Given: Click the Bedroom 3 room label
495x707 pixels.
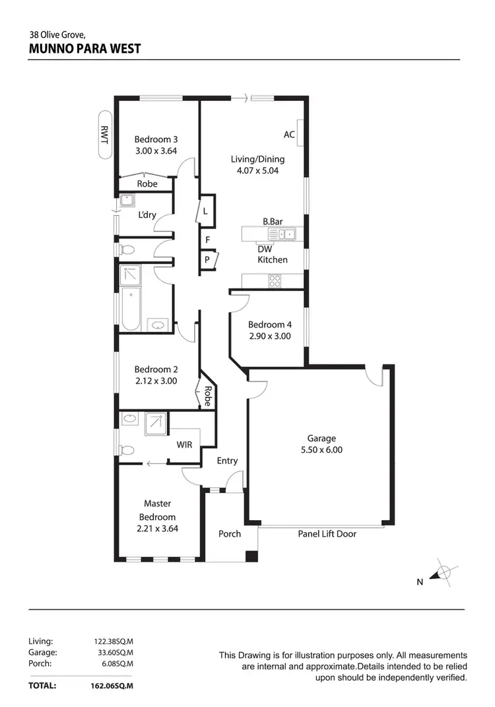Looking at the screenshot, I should point(156,139).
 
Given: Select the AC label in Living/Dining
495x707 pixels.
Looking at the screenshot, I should point(289,135).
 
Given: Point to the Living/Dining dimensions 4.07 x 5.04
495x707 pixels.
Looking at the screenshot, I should point(257,170).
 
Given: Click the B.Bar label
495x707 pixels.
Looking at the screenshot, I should point(273,222).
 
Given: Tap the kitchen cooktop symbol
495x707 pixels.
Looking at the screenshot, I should point(275,281).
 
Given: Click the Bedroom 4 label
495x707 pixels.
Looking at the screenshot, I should point(269,324).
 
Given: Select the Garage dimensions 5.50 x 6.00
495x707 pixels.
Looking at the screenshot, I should point(321,450).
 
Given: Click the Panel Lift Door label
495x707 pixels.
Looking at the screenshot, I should point(327,533).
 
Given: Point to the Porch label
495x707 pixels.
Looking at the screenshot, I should point(230,533).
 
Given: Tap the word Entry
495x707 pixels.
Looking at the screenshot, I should point(227,461).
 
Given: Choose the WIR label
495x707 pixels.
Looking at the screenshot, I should point(184,445).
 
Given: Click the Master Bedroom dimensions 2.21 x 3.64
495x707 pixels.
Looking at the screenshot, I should point(157,528).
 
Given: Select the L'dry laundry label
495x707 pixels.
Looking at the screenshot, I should point(147,215).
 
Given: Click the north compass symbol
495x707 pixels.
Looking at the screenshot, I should point(444,573).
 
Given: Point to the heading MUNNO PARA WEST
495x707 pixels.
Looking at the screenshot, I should point(84,49).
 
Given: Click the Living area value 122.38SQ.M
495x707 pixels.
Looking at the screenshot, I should point(114,641).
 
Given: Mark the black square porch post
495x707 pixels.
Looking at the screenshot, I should point(251,556).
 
